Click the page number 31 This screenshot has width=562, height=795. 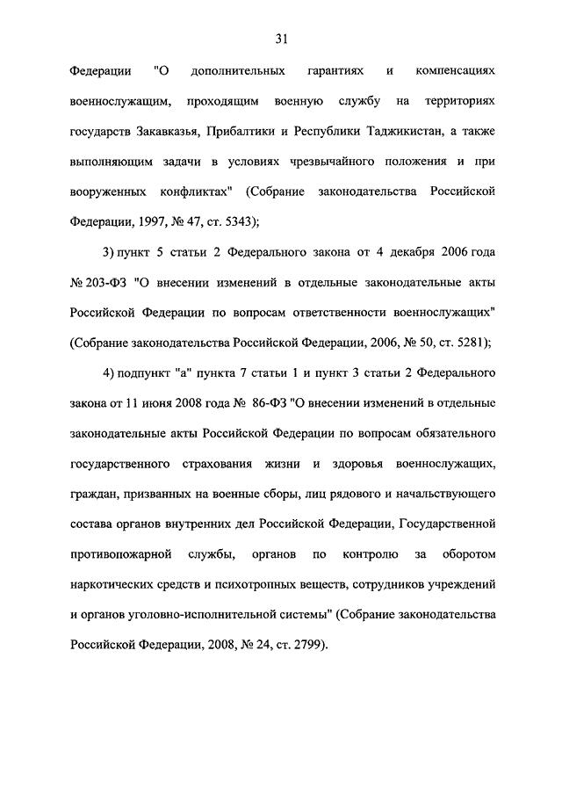[281, 39]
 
